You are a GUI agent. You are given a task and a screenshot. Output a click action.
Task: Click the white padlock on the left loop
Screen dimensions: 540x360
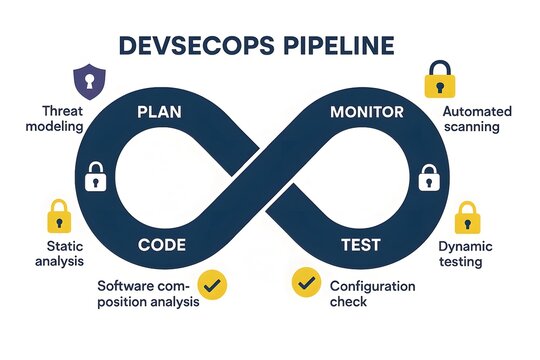[x=95, y=177]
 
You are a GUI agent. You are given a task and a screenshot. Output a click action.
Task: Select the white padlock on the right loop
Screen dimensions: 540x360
[x=428, y=178]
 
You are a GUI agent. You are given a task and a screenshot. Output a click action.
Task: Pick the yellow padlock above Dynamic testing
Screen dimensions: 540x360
[x=466, y=216]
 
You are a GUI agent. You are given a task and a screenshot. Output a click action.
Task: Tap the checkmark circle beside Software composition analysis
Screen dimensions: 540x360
[x=213, y=285]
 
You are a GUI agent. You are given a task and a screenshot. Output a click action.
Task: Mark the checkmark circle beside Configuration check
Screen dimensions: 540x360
[x=304, y=283]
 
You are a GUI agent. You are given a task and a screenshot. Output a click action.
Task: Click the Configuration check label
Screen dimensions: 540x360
[x=372, y=295]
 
